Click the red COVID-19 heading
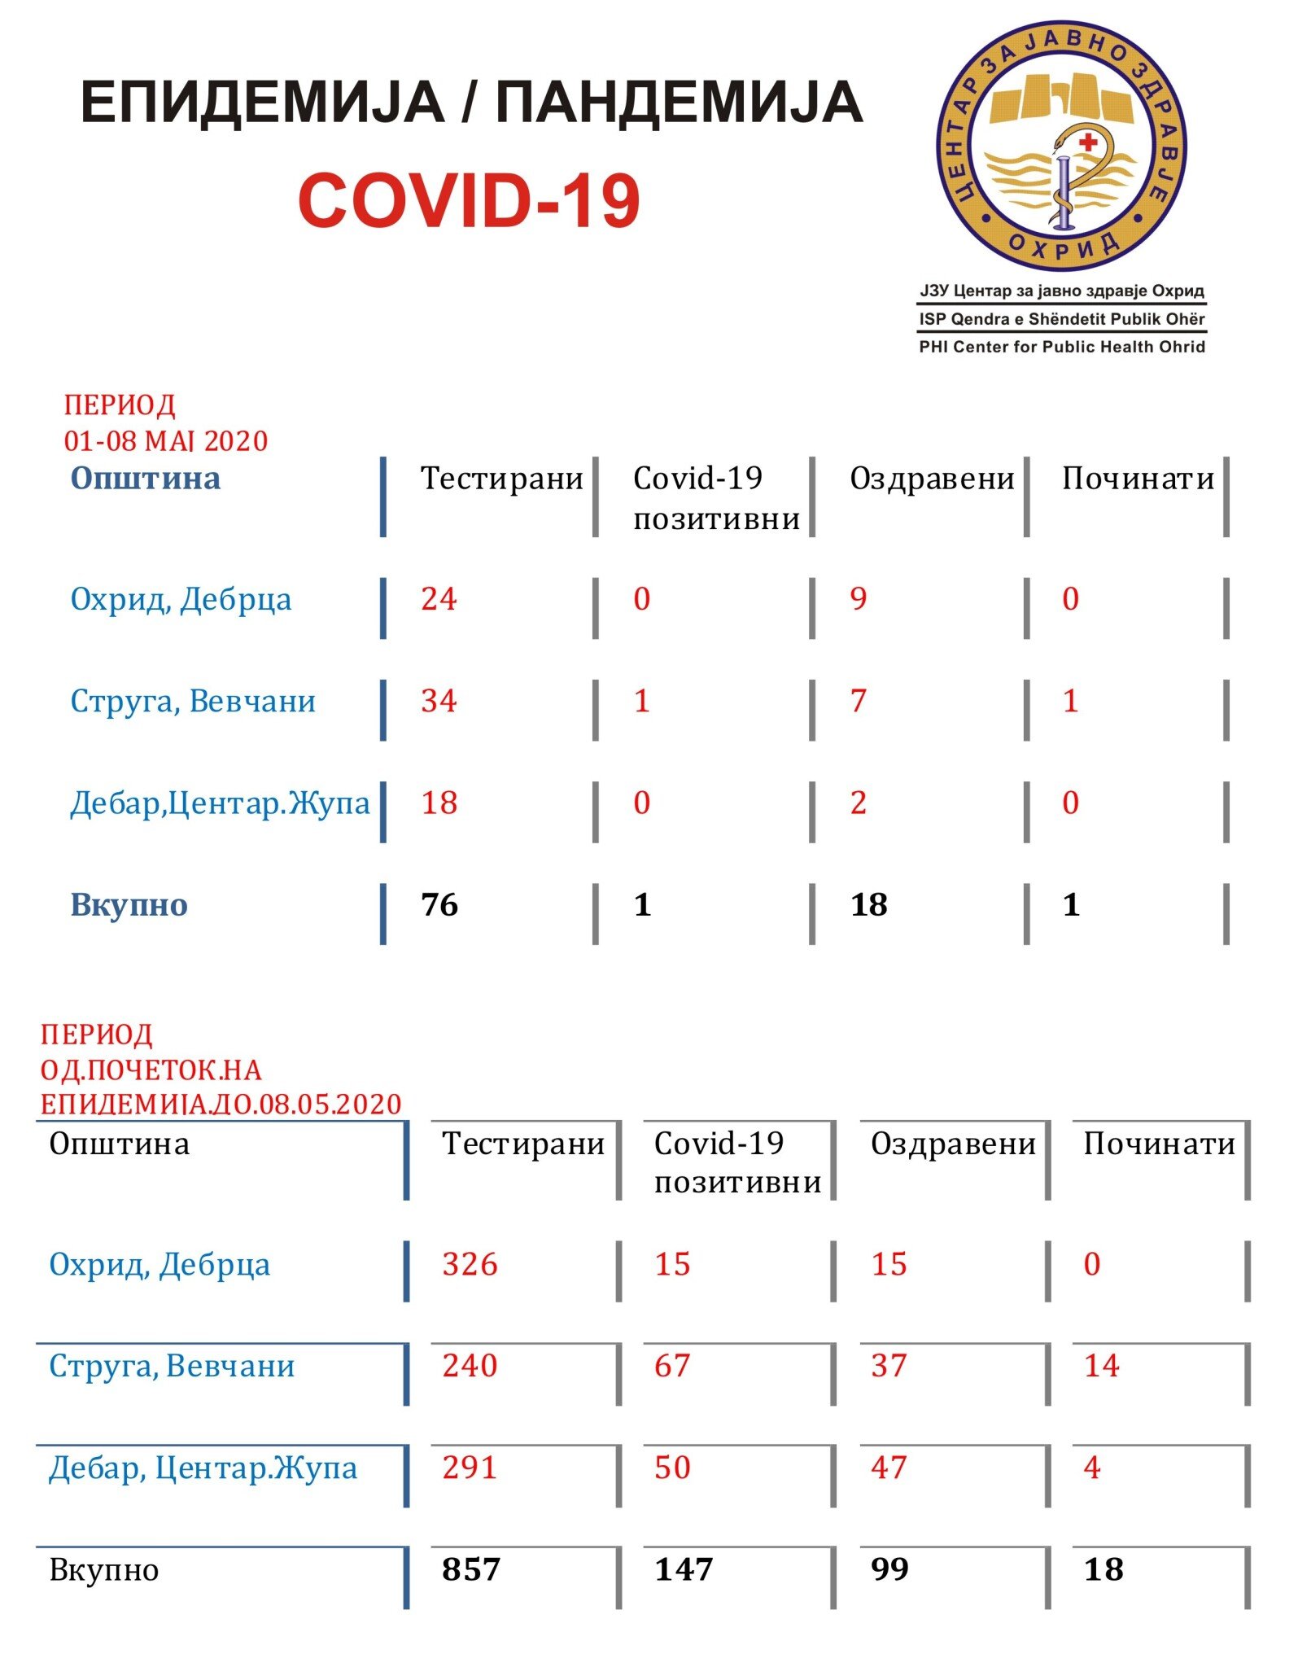click(469, 201)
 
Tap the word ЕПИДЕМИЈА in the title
click(262, 103)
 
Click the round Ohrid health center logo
click(1062, 147)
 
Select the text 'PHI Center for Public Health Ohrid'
click(1062, 347)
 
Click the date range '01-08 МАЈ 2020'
click(166, 441)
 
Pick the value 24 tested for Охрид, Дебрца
click(439, 599)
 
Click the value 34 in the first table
click(439, 701)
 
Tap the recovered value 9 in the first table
click(858, 599)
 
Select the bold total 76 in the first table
click(439, 905)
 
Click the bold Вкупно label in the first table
click(129, 905)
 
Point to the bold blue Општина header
click(146, 478)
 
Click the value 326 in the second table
click(470, 1264)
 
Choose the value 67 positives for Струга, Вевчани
click(672, 1366)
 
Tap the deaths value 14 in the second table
click(1102, 1366)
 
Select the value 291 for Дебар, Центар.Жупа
click(470, 1468)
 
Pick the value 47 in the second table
click(889, 1468)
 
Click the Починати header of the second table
click(1159, 1144)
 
